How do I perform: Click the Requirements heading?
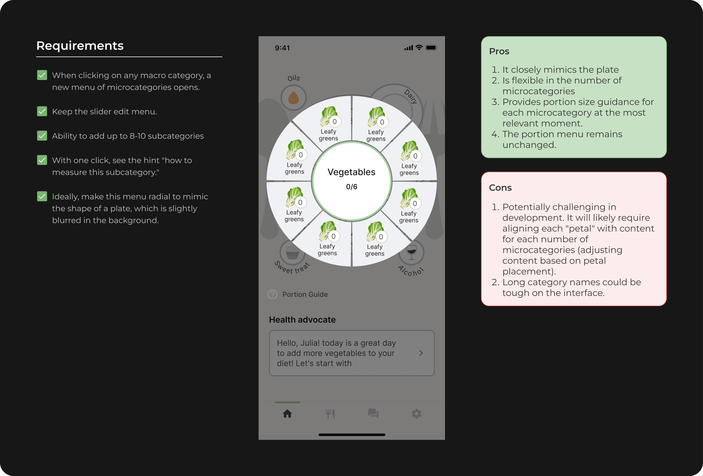point(80,46)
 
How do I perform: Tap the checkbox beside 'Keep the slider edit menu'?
point(42,111)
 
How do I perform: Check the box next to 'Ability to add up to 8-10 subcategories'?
point(42,136)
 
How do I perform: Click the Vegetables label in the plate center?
point(351,172)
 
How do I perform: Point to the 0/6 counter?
point(351,187)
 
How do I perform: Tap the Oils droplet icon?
point(293,98)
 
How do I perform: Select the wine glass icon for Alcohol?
point(412,252)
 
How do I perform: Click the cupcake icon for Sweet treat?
point(292,252)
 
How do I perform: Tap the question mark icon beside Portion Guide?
point(272,294)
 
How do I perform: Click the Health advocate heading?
point(302,320)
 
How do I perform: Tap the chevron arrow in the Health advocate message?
point(421,353)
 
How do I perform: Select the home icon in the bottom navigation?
point(287,414)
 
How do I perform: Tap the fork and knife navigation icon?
point(330,414)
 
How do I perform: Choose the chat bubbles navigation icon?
point(373,414)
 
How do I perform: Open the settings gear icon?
point(416,414)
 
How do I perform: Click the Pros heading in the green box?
point(499,51)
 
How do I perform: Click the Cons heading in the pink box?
point(500,188)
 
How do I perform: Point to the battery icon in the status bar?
point(431,47)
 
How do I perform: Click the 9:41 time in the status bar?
point(282,48)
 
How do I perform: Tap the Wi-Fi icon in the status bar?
point(419,47)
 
